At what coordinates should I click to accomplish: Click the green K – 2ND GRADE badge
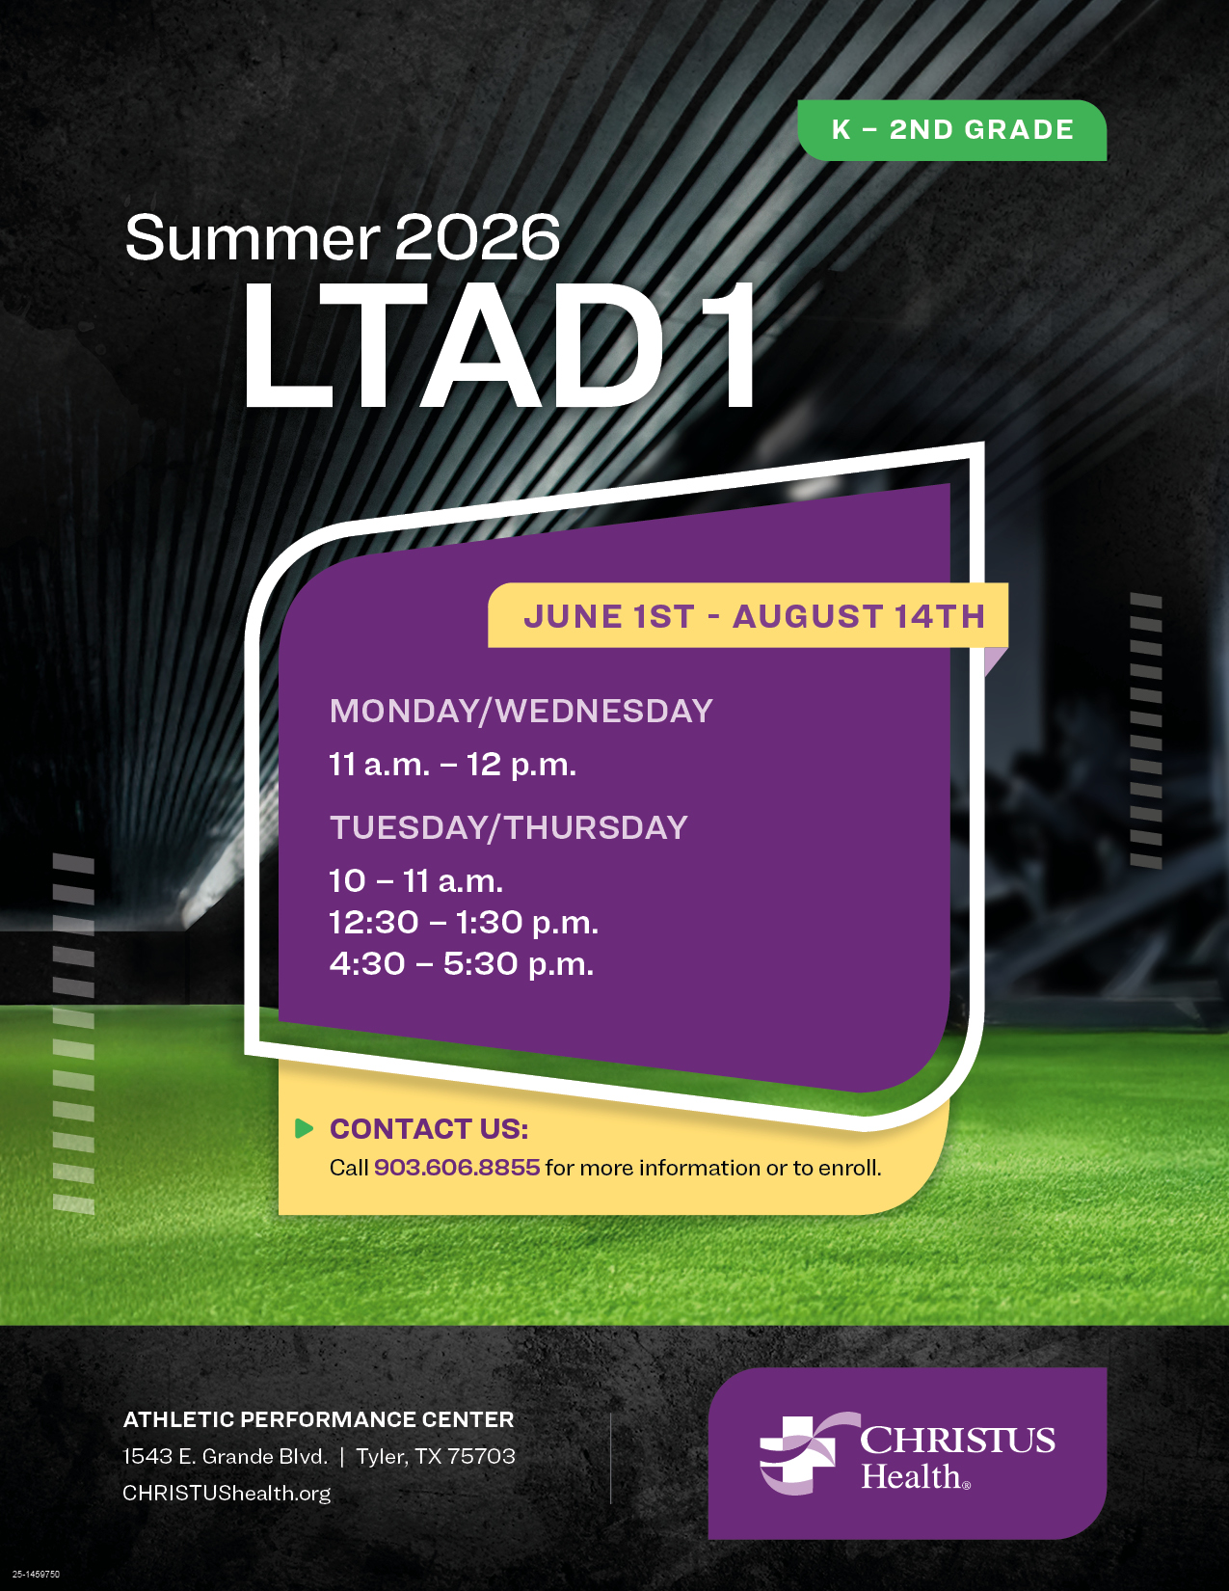point(951,130)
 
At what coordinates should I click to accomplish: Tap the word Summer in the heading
point(253,237)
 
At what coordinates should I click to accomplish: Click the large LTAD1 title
point(499,346)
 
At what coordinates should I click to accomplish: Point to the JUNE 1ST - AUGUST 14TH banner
point(748,615)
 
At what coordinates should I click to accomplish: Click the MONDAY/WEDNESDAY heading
point(521,711)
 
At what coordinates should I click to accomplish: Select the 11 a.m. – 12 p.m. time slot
point(452,765)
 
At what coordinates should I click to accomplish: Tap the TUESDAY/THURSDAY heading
point(509,827)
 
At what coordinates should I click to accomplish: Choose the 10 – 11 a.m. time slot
point(415,880)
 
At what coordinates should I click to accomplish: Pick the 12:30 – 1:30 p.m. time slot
point(464,923)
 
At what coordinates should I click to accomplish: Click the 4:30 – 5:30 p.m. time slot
point(461,964)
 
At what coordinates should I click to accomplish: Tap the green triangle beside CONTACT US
point(304,1128)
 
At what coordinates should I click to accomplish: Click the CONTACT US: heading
point(429,1129)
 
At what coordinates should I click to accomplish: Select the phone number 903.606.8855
point(457,1167)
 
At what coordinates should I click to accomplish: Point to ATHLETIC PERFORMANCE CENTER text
point(318,1419)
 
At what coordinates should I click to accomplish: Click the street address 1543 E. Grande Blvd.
point(225,1456)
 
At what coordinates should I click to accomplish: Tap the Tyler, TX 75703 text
point(436,1456)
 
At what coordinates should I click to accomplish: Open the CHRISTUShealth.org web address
point(227,1493)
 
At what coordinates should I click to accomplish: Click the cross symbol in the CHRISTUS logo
point(799,1454)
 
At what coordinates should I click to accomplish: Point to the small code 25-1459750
point(36,1575)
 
